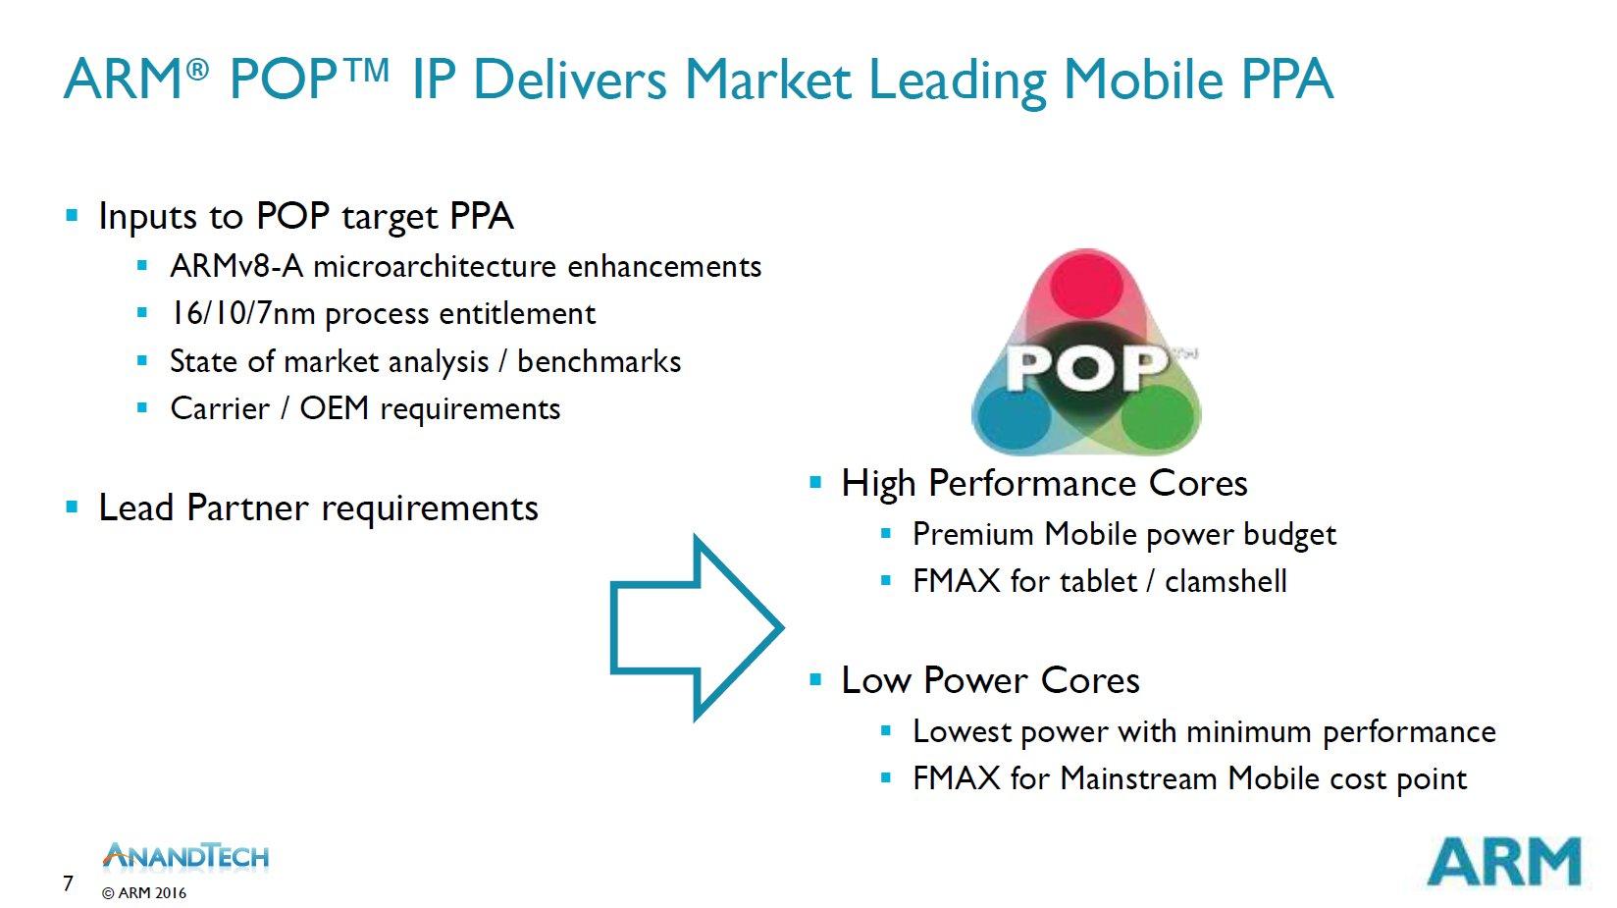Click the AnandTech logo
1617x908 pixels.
pyautogui.click(x=185, y=856)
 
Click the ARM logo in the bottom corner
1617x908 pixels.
pyautogui.click(x=1504, y=861)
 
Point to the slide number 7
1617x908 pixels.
pyautogui.click(x=68, y=882)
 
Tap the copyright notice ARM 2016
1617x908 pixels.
pyautogui.click(x=144, y=893)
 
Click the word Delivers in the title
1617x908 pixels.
pyautogui.click(x=569, y=79)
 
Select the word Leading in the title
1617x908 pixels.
pyautogui.click(x=958, y=80)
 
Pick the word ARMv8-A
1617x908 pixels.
pyautogui.click(x=236, y=266)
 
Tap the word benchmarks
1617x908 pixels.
pyautogui.click(x=600, y=361)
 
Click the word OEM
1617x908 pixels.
pyautogui.click(x=335, y=408)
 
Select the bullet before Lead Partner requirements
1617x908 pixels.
pyautogui.click(x=72, y=507)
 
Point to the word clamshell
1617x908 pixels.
pyautogui.click(x=1226, y=581)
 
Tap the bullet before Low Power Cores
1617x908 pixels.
pyautogui.click(x=815, y=679)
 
